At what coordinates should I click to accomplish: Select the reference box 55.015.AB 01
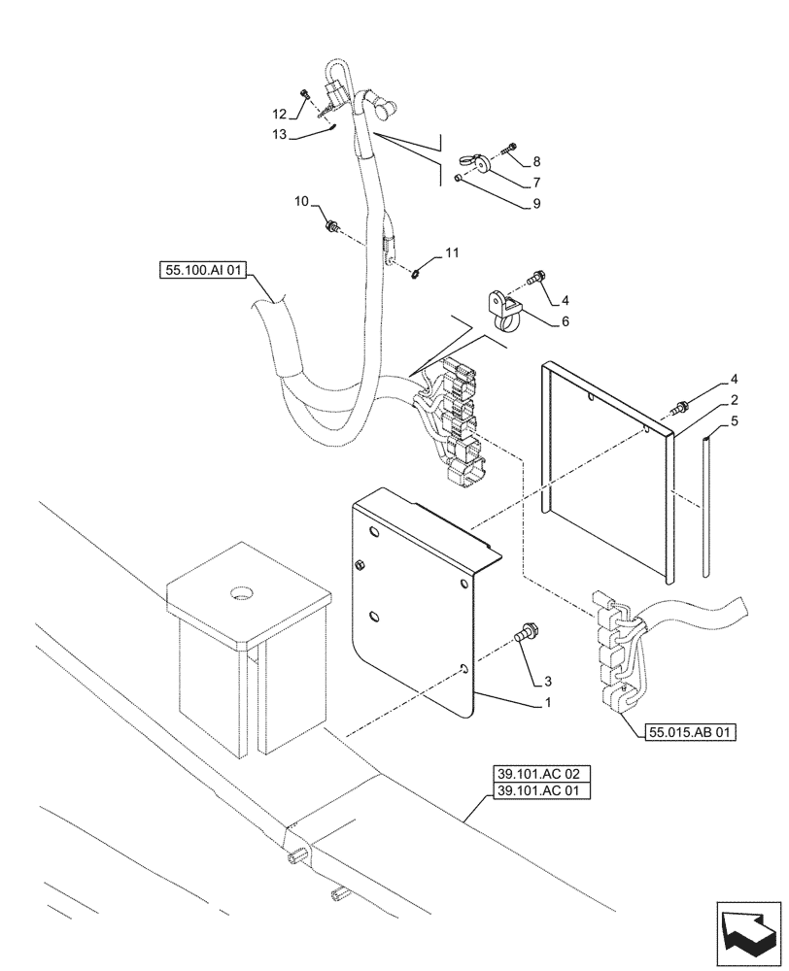687,732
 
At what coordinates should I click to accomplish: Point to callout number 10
302,201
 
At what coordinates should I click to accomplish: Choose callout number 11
451,253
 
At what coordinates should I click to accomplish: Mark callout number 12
280,115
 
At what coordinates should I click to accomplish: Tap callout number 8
535,161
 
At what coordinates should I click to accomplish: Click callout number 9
535,204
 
